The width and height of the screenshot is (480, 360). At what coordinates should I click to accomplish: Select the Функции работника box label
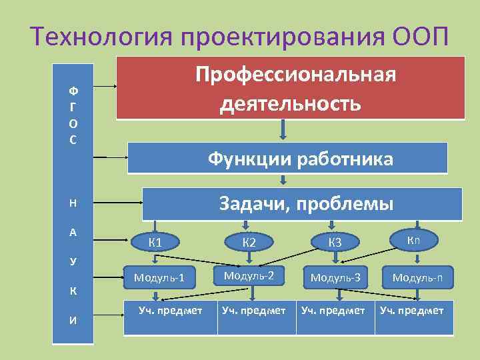[x=300, y=159]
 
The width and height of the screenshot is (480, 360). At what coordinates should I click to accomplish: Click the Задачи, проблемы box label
[x=307, y=203]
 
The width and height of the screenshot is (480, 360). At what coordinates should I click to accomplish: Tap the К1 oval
[x=155, y=241]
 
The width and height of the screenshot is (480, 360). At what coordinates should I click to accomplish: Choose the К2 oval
[x=249, y=241]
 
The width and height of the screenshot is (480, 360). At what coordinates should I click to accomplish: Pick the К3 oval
[x=335, y=241]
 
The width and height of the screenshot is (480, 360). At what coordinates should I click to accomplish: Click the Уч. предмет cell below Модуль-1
[x=169, y=311]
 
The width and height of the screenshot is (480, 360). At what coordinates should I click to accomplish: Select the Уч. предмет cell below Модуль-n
[x=411, y=311]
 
